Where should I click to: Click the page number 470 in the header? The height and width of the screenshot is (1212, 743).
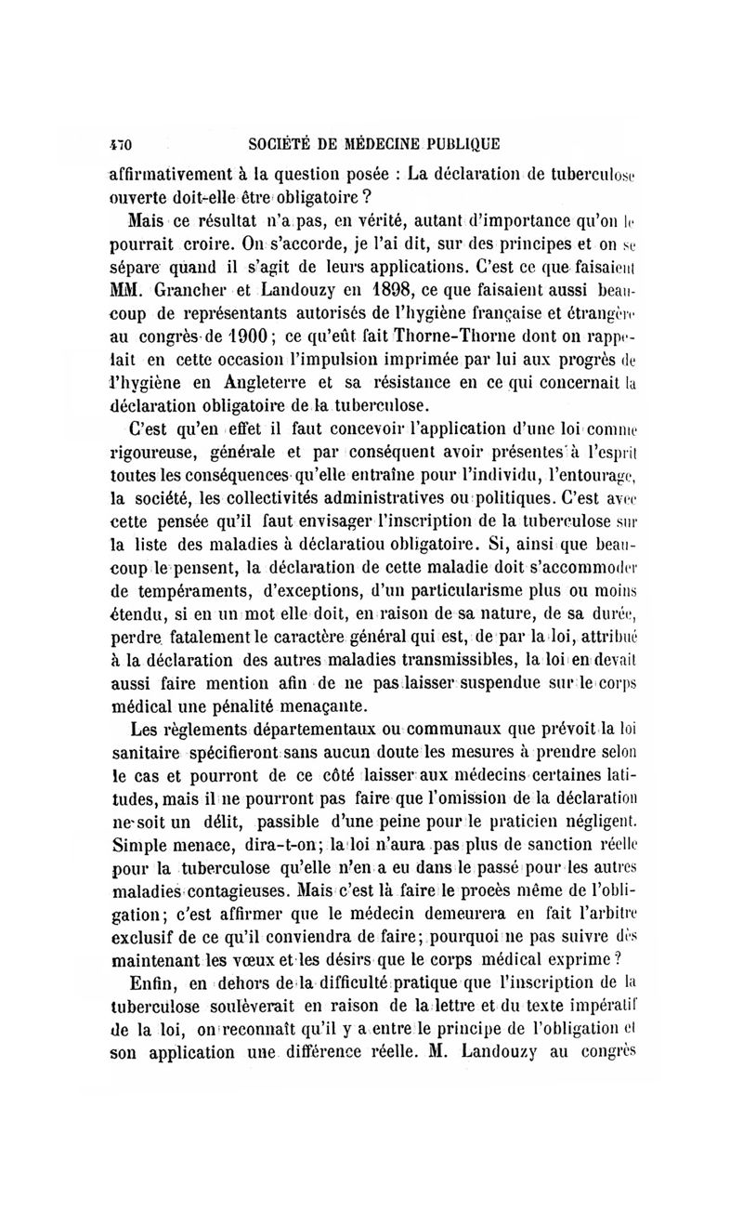(122, 144)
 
